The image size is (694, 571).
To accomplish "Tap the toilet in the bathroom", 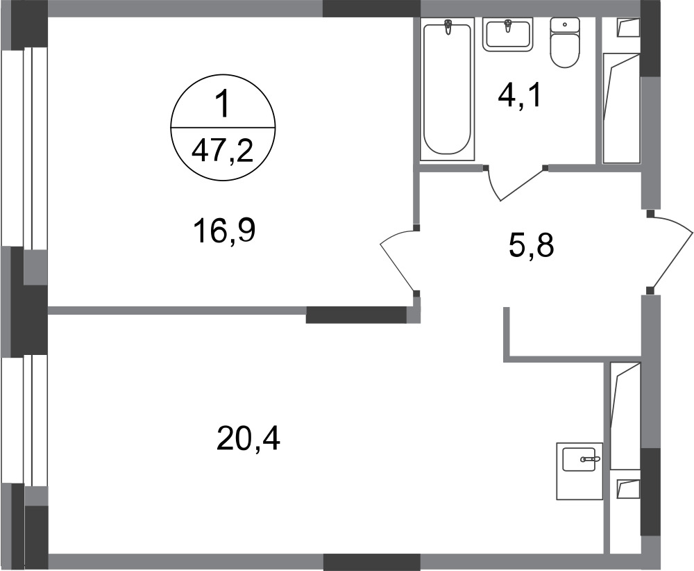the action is [x=565, y=42].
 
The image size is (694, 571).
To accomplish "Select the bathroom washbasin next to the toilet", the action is [x=508, y=35].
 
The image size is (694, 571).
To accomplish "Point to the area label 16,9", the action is [x=224, y=231].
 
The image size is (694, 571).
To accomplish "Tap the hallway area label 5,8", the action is [x=532, y=246].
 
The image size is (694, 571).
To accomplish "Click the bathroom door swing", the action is [x=515, y=184].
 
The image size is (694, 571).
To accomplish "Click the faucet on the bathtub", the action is [x=448, y=28].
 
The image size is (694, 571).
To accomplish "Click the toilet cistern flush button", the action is [x=564, y=25].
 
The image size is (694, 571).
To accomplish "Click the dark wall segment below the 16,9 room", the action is [x=356, y=315].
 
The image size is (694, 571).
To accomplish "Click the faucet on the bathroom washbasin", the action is [x=508, y=26].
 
